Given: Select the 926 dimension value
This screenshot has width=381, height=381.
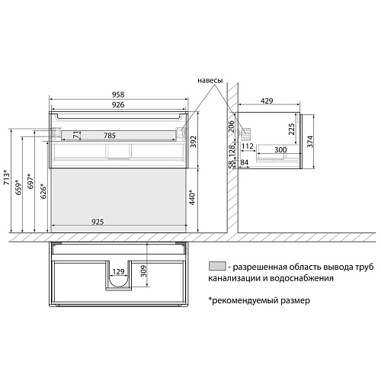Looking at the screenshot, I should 118,108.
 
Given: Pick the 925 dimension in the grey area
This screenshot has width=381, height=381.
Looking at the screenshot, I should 114,221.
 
